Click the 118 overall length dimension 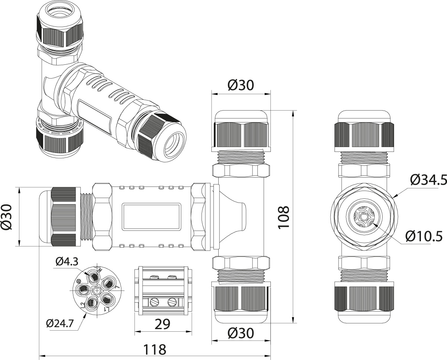(x=155, y=349)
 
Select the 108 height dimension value (x=284, y=217)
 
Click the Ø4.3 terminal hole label (x=67, y=262)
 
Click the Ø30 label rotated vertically (x=9, y=217)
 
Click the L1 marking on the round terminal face (x=108, y=309)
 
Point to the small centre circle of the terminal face (x=97, y=290)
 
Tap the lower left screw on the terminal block (x=153, y=302)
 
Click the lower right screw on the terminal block (x=172, y=302)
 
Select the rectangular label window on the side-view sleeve (x=152, y=216)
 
